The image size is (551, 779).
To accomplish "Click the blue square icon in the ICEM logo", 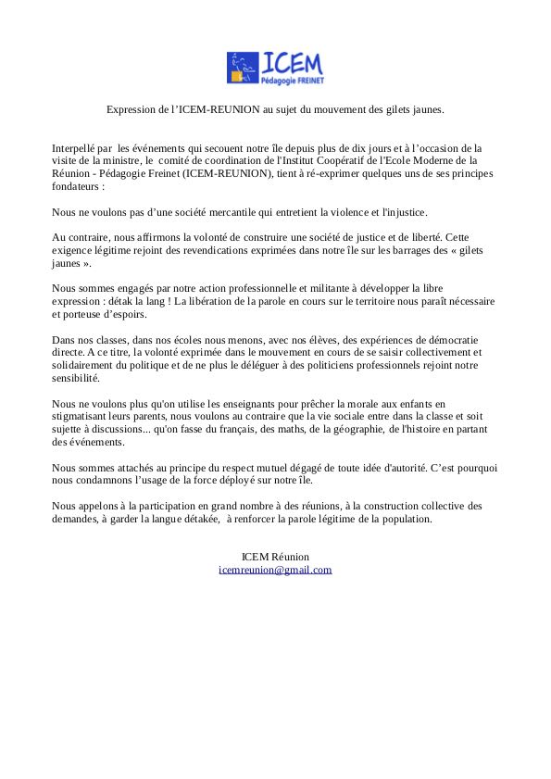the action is pos(243,68).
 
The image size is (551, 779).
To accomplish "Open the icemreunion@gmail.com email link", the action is pos(275,570).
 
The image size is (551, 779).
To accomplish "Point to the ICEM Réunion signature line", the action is pos(275,557).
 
